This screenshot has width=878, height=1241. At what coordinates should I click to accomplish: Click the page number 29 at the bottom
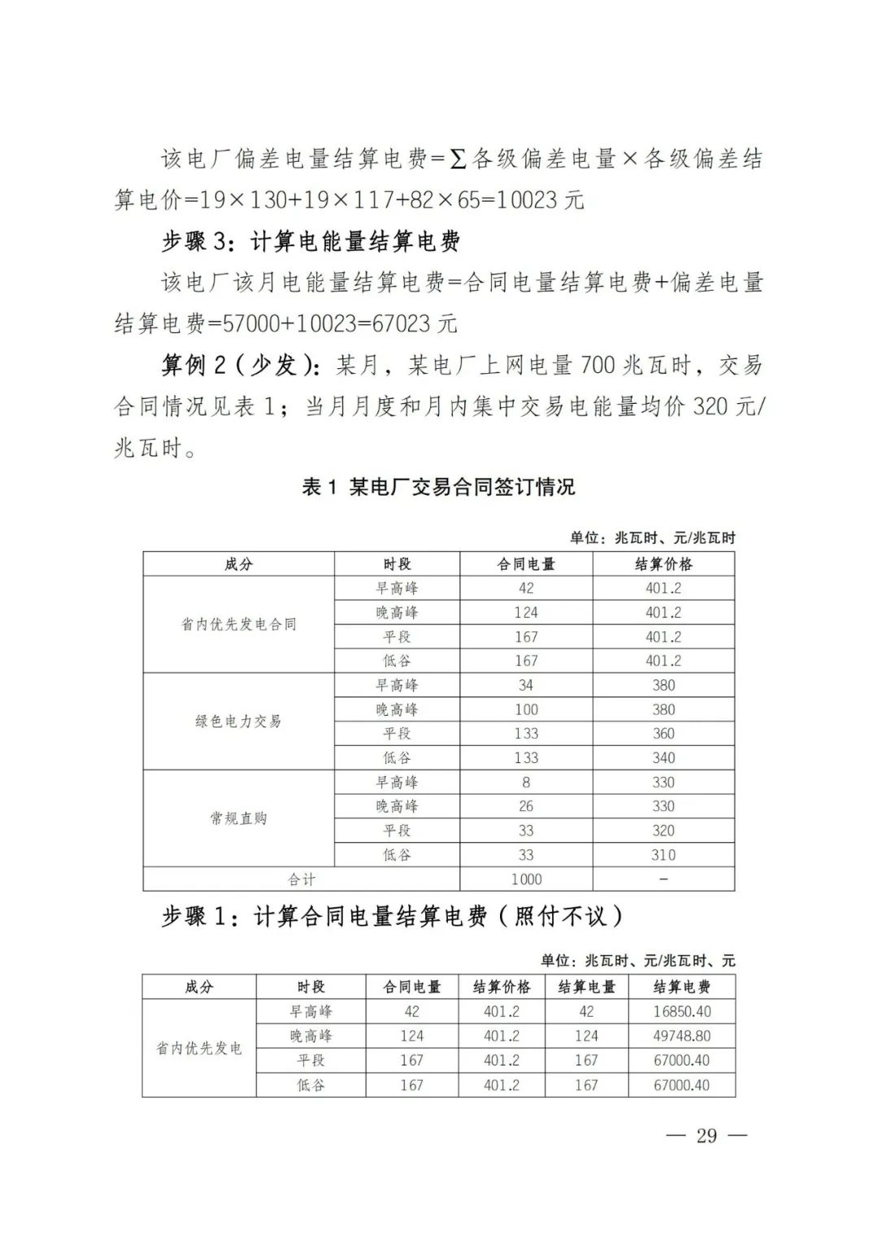coord(706,1135)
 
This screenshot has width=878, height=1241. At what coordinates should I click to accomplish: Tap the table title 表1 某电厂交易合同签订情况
coord(438,487)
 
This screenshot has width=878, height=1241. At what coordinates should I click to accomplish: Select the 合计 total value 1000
coord(526,879)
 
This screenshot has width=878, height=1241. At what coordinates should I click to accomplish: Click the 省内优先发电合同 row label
coord(238,624)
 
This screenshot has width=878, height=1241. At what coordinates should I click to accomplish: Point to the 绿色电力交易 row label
coord(238,721)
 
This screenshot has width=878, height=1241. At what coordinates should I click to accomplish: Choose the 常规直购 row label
coord(238,818)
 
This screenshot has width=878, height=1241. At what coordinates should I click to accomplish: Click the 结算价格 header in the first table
coord(663,564)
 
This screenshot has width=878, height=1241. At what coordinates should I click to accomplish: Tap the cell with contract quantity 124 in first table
coord(526,613)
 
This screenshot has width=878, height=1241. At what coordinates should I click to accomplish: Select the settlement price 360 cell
coord(663,734)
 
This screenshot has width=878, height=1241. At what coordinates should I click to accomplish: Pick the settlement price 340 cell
coord(663,758)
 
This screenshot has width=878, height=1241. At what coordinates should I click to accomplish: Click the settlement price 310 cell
coord(663,855)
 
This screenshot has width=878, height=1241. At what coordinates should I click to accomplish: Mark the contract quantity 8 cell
coord(526,783)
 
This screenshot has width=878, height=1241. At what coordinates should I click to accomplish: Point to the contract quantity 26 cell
coord(526,806)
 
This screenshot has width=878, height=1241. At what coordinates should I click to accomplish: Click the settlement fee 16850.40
coord(681,1012)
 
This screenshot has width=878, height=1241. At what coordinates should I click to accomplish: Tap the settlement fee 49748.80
coord(681,1036)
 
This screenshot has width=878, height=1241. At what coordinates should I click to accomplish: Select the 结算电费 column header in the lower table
coord(681,987)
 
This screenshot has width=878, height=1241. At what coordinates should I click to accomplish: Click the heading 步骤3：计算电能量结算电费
coord(311,241)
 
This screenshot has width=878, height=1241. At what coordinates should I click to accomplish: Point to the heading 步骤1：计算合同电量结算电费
coord(393,917)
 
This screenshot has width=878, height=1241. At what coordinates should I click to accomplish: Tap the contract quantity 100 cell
coord(526,709)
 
